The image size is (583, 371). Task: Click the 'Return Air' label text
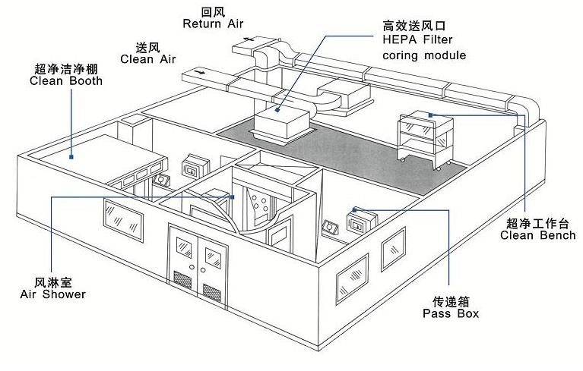coord(213,24)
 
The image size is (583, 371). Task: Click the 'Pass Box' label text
coord(451,313)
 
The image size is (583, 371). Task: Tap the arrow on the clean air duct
coord(199,72)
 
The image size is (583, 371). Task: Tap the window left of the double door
coord(122,221)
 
